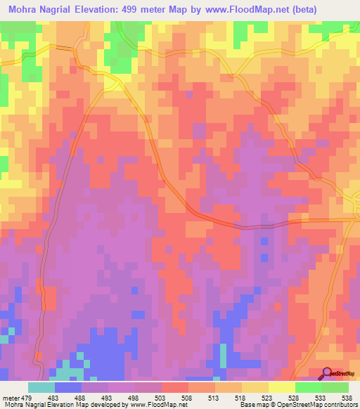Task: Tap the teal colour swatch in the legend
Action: [x=41, y=387]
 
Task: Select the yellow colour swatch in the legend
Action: [x=281, y=387]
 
